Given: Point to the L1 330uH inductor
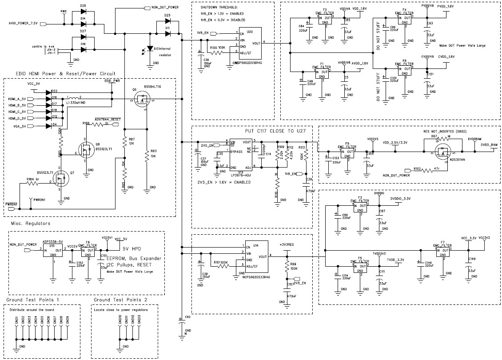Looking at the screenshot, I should (x=74, y=98).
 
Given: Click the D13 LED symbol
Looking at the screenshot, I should (x=150, y=48).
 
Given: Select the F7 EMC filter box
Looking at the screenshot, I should (x=443, y=251).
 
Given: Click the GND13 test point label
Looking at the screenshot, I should (x=139, y=319).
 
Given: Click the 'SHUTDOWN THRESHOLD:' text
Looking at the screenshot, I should (x=219, y=8).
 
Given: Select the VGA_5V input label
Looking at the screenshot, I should (x=17, y=126).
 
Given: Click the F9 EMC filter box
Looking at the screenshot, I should (x=347, y=151).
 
